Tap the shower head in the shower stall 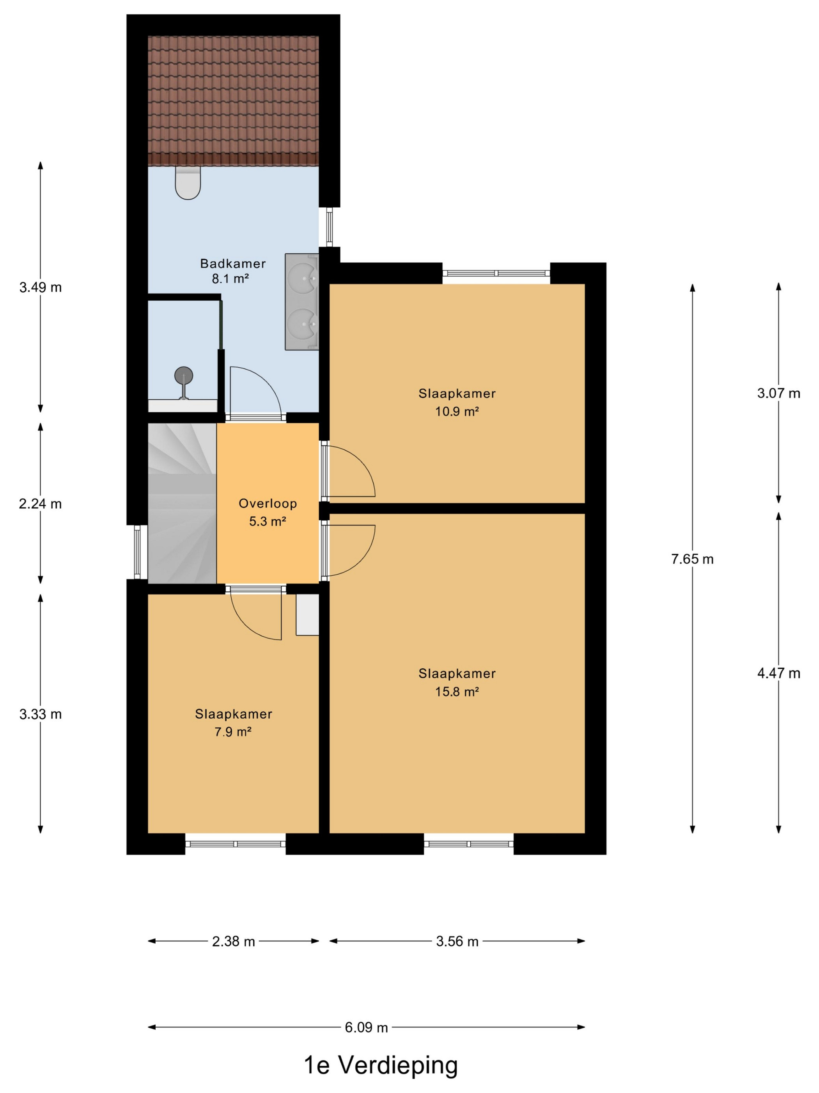point(184,376)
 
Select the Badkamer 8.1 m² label point(232,271)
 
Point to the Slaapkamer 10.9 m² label point(457,402)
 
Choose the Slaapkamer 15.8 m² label point(457,682)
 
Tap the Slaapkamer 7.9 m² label point(233,723)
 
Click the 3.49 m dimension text point(41,288)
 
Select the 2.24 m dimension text point(41,504)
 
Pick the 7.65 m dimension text point(692,559)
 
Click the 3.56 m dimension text point(457,942)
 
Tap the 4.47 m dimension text point(778,673)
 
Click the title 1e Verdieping point(381,1065)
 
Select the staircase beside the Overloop point(182,503)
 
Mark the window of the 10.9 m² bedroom point(496,273)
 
